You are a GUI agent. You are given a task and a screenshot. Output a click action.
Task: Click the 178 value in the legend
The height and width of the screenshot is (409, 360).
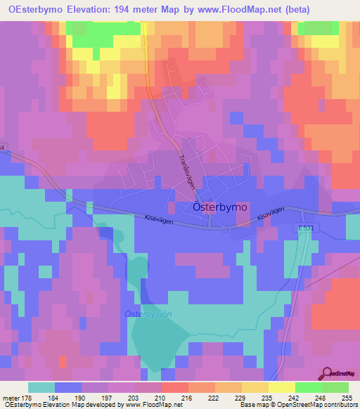click(x=28, y=397)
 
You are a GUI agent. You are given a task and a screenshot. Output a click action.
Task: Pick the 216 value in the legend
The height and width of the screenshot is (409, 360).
click(x=188, y=397)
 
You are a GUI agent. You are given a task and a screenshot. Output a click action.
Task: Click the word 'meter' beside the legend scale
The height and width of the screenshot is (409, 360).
click(x=10, y=397)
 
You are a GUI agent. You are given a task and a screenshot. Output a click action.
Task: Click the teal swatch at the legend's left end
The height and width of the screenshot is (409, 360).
click(x=41, y=387)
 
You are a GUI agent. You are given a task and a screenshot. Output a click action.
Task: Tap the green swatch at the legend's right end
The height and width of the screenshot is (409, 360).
click(x=335, y=387)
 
